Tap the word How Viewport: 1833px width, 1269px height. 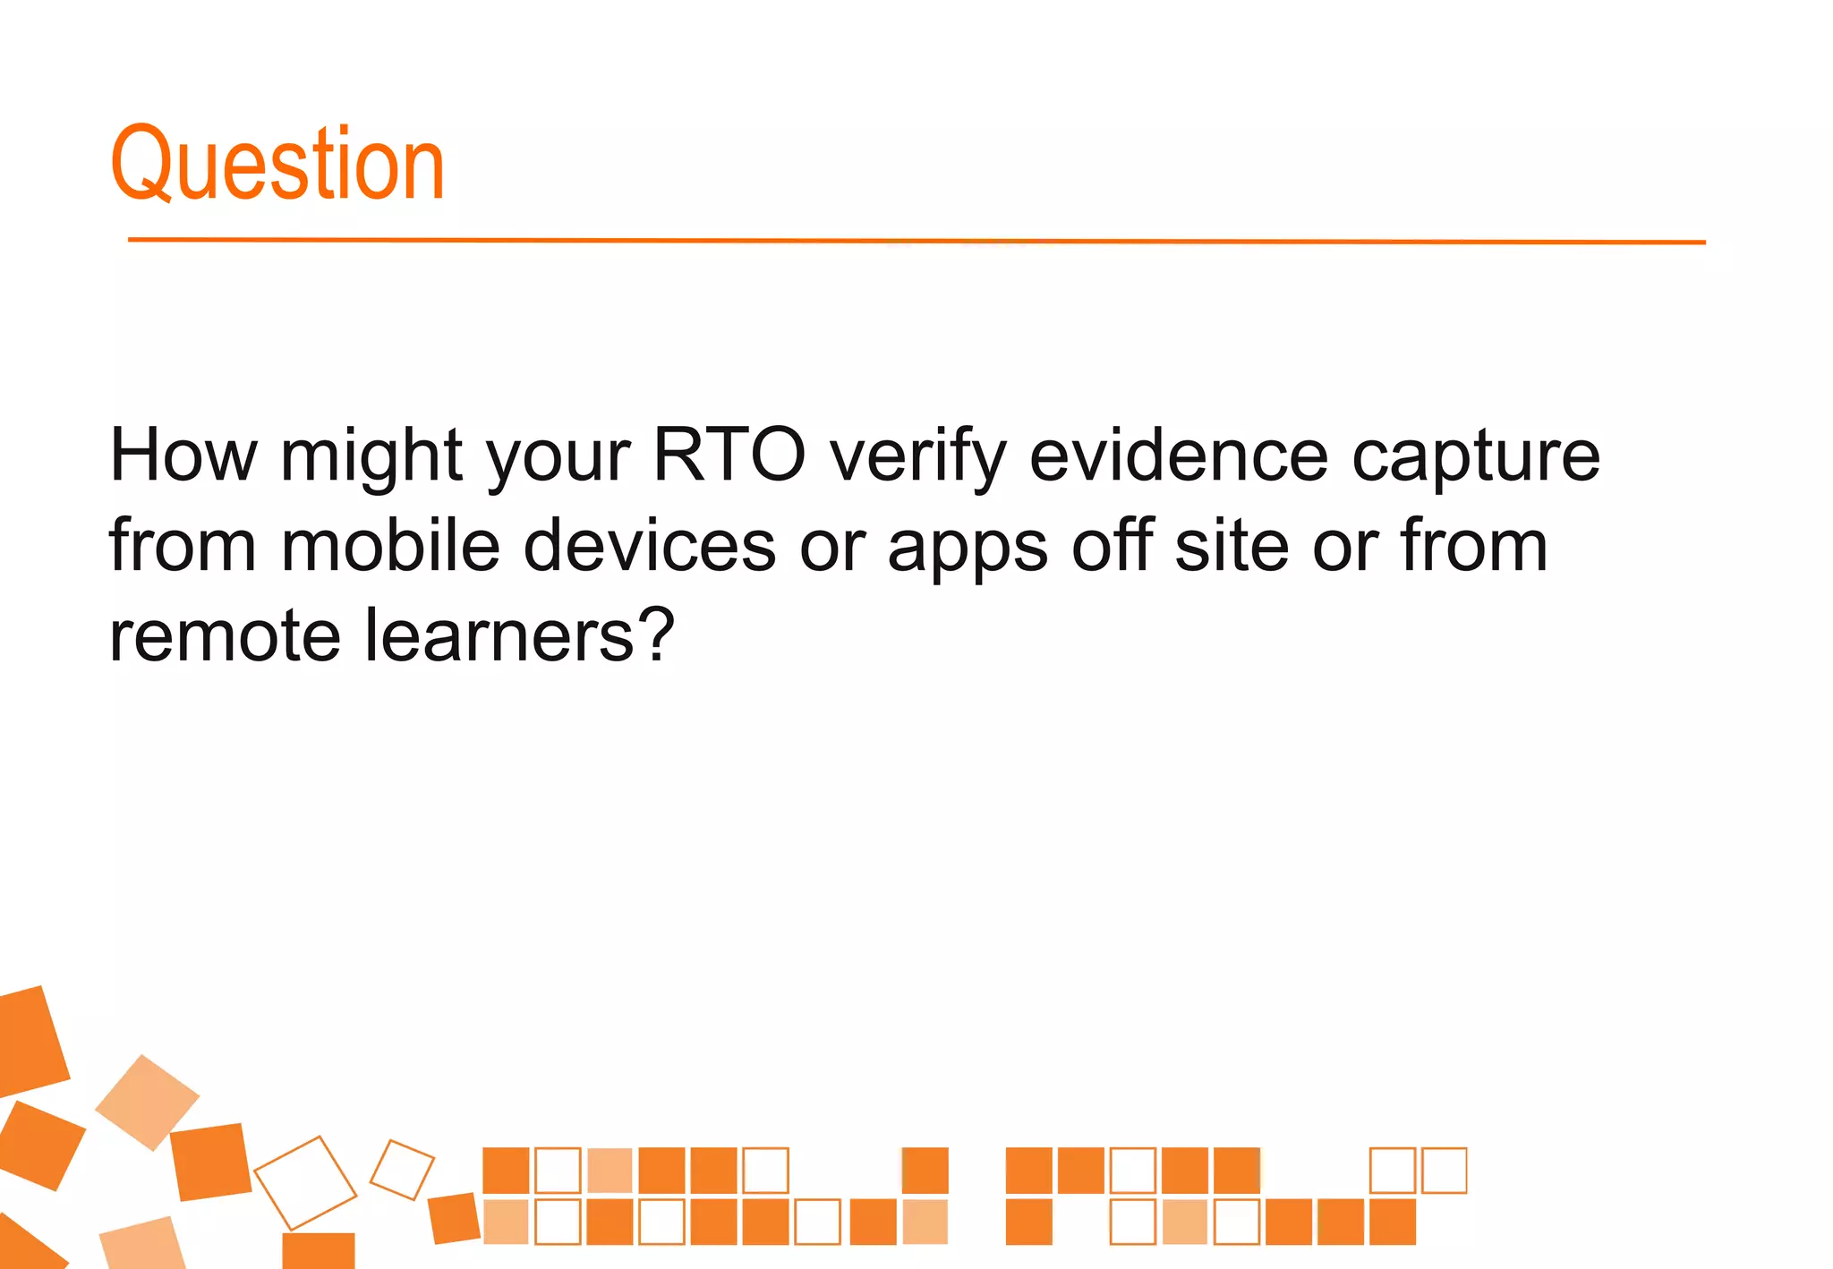click(183, 456)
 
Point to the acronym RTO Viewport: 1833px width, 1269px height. click(729, 456)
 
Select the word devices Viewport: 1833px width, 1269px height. click(649, 545)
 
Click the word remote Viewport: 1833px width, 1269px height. click(225, 636)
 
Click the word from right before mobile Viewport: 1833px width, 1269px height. click(183, 545)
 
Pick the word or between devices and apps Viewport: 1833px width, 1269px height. click(831, 548)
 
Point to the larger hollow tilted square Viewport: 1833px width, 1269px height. click(305, 1182)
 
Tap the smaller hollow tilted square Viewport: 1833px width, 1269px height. click(402, 1170)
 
